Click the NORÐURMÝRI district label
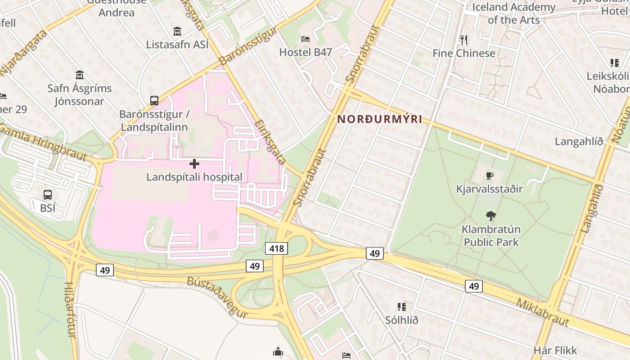pos(380,119)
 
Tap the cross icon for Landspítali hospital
pos(194,164)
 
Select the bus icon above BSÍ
pos(47,195)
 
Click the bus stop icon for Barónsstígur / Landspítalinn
pos(154,100)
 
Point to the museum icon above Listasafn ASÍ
pos(177,31)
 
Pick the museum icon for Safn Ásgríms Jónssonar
pos(80,75)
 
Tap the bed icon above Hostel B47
pos(306,39)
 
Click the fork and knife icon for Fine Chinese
pos(464,40)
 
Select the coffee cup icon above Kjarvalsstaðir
pos(489,175)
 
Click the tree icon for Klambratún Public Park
pos(491,216)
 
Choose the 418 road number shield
pos(276,248)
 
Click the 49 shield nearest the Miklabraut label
pos(473,286)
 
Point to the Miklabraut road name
pos(542,312)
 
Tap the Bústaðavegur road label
pos(217,297)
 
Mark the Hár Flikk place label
pos(555,350)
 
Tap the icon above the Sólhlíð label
pos(402,307)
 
